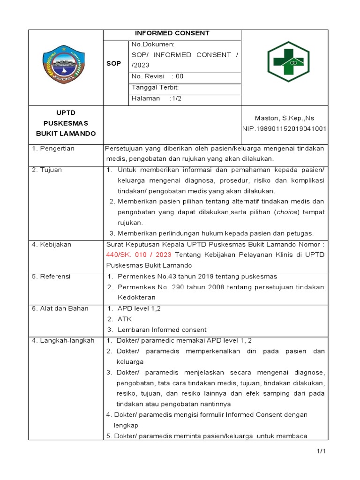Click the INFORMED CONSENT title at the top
pos(172,33)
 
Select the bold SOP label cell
pos(113,63)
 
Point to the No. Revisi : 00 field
pos(157,76)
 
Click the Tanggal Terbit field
pos(155,87)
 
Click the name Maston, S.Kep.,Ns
pos(284,118)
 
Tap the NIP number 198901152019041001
pos(284,128)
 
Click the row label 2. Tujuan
pos(47,170)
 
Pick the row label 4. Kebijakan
pos(52,244)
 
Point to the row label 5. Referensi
pos(51,277)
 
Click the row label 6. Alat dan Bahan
pos(60,308)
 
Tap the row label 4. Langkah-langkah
pos(63,340)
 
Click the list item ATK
pos(125,319)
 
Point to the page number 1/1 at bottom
pos(321,451)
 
